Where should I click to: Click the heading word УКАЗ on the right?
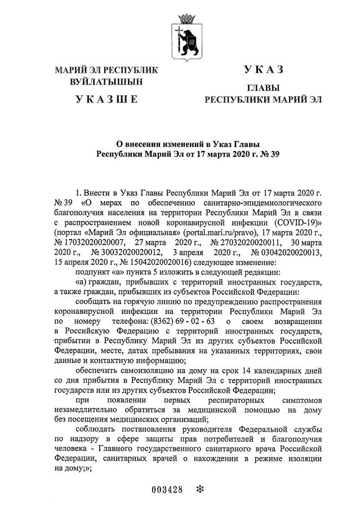tap(263, 70)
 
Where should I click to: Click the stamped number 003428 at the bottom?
tap(168, 489)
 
